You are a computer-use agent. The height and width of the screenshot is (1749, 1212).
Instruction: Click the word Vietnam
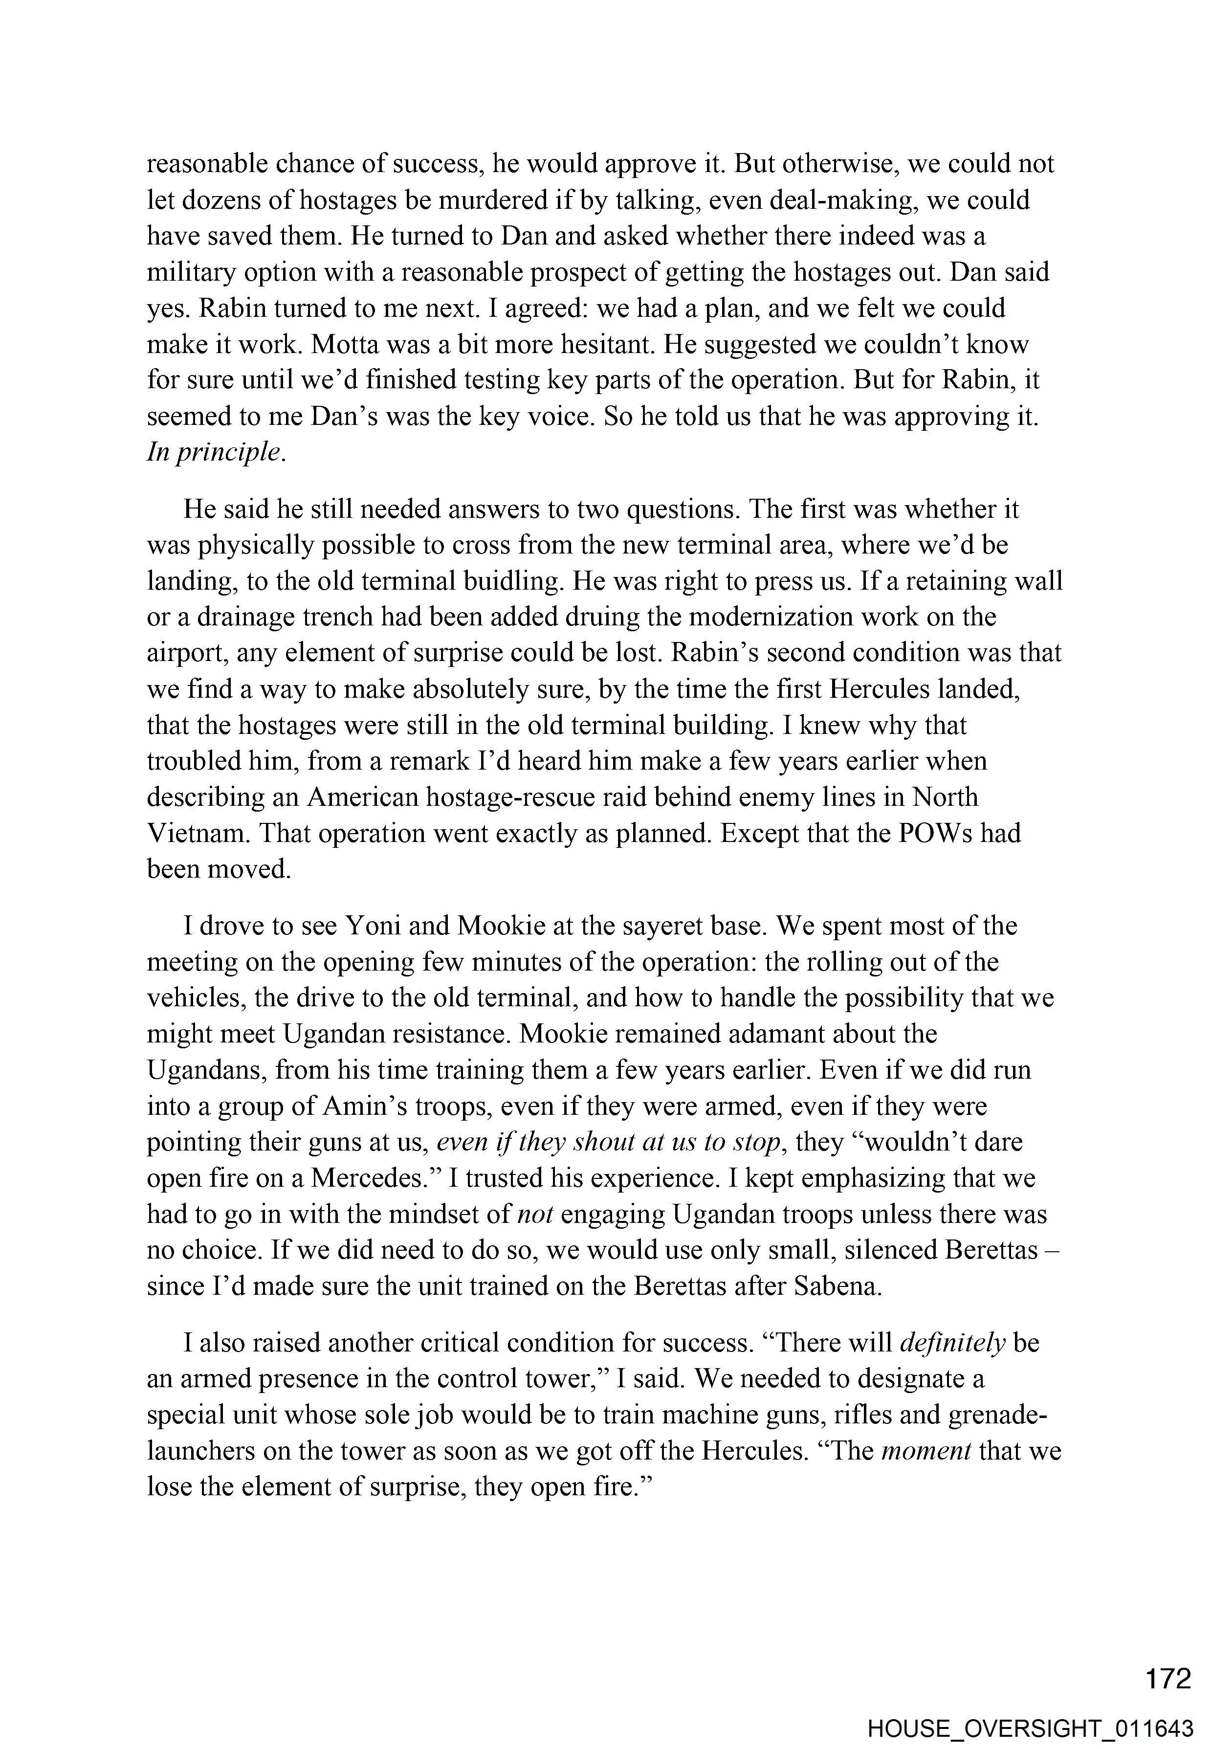coord(195,833)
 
